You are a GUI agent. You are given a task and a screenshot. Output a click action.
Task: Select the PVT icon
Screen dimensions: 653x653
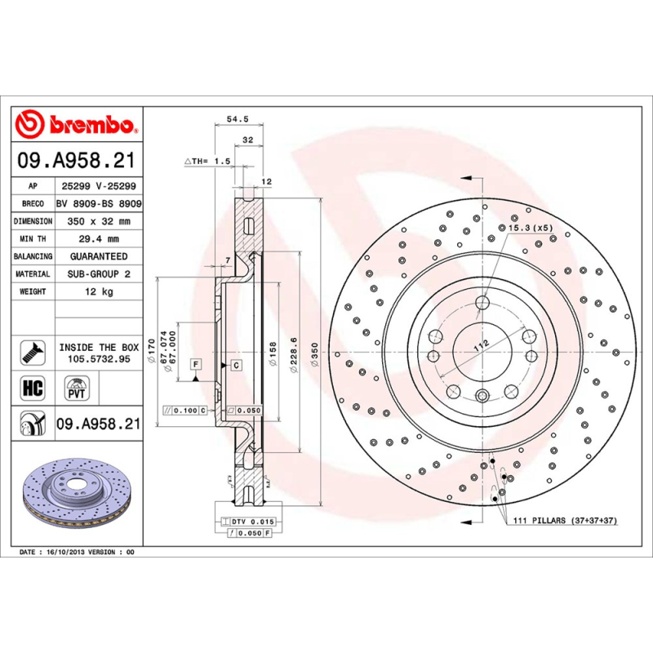[77, 387]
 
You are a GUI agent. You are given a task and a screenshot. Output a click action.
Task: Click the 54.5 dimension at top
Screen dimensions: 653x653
[237, 119]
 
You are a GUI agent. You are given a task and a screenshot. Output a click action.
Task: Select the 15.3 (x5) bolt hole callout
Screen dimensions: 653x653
[531, 227]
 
